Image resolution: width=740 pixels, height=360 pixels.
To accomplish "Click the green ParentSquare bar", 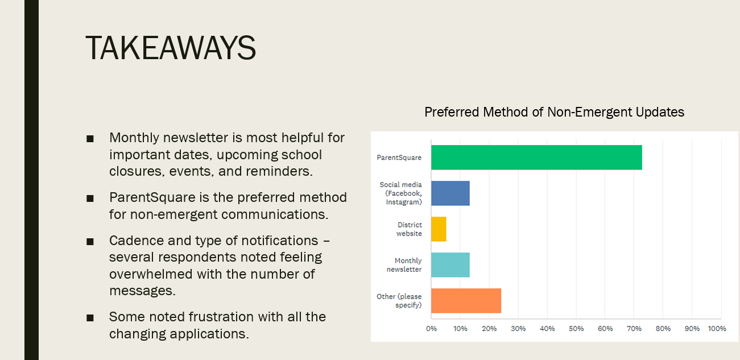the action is (536, 158).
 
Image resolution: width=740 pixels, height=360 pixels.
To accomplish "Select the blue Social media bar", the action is (450, 193).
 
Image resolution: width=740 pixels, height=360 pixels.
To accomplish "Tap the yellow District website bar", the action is (439, 229).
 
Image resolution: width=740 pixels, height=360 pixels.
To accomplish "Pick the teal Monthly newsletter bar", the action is (450, 265).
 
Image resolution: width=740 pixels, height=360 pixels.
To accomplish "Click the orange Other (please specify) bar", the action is (466, 300).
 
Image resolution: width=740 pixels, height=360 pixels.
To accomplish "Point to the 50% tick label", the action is (576, 329).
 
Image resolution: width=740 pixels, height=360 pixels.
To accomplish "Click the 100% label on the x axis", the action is (717, 329).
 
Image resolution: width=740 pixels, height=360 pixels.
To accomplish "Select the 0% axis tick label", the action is (432, 329).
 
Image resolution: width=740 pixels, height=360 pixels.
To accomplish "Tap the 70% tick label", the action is (634, 329).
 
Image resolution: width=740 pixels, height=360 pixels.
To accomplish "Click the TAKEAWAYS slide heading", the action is (171, 48).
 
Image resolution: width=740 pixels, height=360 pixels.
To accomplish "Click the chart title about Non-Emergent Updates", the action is (555, 112).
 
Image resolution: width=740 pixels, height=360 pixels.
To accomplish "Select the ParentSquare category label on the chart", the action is (399, 158).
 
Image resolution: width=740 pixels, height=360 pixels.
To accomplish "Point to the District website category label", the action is (410, 229).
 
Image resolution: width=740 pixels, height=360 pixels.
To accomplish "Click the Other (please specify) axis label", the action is (399, 300).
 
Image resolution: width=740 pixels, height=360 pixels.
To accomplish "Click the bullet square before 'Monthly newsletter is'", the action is (90, 139).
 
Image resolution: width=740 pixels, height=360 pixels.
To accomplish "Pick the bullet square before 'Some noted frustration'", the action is (90, 318).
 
